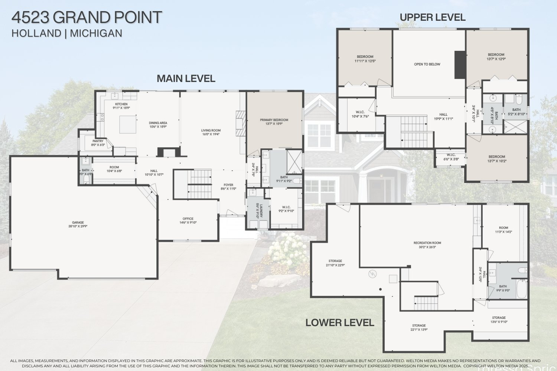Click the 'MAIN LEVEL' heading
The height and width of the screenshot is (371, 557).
[x=186, y=79]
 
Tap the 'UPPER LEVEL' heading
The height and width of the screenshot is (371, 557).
[x=432, y=17]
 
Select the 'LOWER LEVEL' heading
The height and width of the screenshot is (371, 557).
[x=339, y=323]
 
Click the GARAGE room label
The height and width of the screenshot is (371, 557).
[x=78, y=224]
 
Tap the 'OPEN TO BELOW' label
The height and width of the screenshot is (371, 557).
[x=427, y=64]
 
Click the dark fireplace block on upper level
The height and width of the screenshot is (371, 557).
[x=460, y=65]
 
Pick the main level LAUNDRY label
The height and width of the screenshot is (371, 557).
[x=257, y=210]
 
